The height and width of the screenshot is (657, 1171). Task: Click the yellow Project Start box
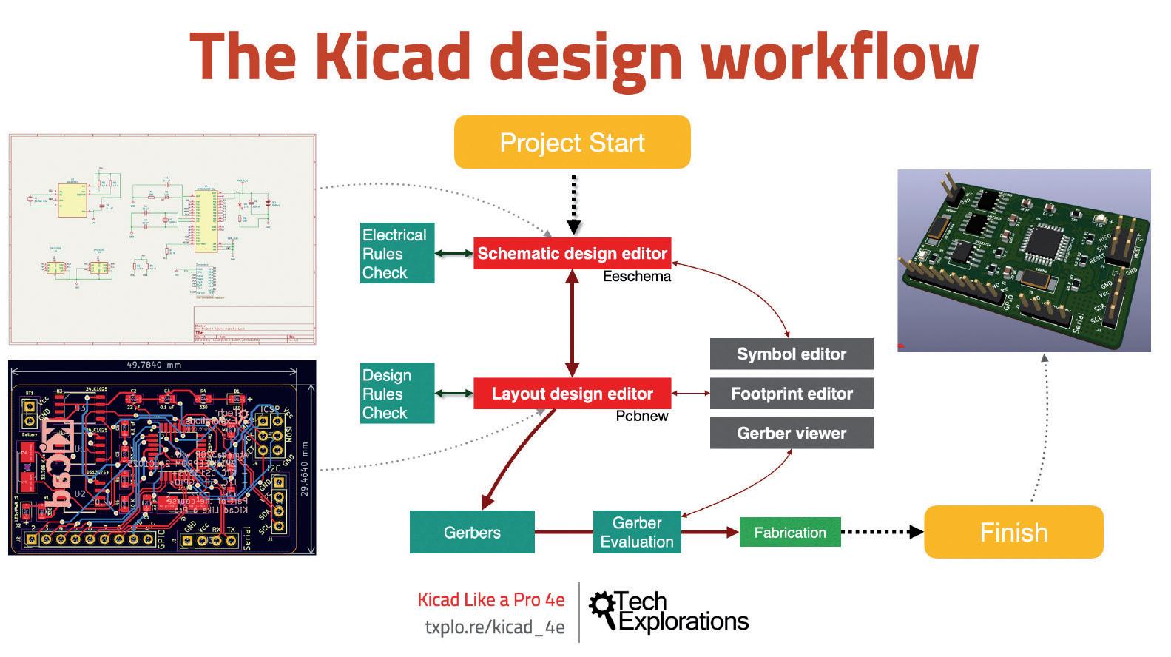572,142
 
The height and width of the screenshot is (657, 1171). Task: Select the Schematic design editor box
572,254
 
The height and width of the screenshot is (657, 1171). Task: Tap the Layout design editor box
572,394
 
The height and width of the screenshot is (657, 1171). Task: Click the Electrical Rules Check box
396,253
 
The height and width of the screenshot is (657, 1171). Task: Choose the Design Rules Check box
396,394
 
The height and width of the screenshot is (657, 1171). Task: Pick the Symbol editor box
791,354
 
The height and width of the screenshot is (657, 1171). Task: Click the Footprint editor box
791,394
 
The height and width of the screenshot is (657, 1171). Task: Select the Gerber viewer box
791,434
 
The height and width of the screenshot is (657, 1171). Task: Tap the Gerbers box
472,532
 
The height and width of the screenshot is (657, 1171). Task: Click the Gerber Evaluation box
637,532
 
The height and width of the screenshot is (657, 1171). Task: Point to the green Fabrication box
790,532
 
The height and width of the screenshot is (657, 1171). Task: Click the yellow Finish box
1013,532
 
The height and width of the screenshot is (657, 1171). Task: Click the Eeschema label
637,277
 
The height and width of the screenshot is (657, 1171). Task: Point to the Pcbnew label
642,417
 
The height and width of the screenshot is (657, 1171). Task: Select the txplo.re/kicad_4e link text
494,627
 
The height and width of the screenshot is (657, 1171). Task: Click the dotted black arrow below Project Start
573,203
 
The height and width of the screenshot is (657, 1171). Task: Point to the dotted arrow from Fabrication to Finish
882,532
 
